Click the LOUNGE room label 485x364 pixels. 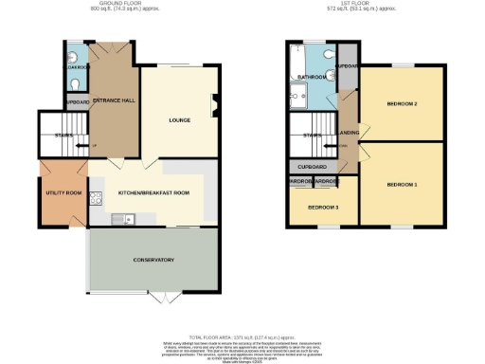(181, 120)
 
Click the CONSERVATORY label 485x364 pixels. (153, 259)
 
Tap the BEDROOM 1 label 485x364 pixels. (403, 183)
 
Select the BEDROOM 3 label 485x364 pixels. (323, 208)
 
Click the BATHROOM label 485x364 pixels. (312, 77)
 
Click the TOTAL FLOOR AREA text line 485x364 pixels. (242, 337)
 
